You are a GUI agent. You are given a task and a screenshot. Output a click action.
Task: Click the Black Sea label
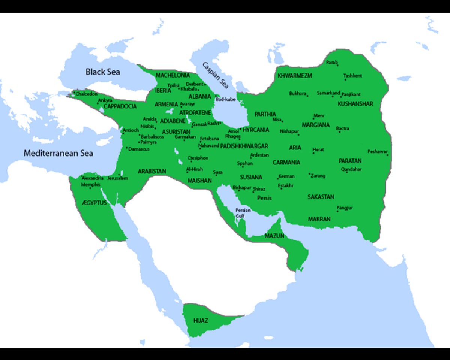103,72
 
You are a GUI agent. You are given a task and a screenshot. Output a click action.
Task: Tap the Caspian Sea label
214,78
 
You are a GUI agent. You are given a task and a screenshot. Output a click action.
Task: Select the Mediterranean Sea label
58,153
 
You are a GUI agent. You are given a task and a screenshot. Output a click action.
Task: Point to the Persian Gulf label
243,213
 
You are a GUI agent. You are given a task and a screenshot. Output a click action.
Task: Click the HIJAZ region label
200,321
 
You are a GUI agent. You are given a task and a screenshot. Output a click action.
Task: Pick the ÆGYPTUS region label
94,203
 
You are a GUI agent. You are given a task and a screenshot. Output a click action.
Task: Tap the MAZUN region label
274,236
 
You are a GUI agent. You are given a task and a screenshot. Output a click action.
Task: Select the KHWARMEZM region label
295,76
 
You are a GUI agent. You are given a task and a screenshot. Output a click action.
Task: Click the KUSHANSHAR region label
355,104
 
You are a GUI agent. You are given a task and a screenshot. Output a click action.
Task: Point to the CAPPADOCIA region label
120,106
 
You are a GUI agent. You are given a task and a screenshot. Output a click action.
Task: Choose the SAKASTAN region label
321,197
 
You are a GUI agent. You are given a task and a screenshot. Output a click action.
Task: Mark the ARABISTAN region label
151,171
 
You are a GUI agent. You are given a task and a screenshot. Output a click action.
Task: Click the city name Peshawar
377,151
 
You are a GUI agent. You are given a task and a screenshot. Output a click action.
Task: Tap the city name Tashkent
352,76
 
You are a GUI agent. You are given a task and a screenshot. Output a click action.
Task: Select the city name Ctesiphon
198,158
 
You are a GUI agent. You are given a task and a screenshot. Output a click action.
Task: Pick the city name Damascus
139,149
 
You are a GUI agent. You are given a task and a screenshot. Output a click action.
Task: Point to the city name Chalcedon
86,94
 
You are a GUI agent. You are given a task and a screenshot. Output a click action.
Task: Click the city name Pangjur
345,208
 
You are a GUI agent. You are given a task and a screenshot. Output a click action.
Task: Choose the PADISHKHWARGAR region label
244,146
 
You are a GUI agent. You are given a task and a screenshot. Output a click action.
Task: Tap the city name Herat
318,149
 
